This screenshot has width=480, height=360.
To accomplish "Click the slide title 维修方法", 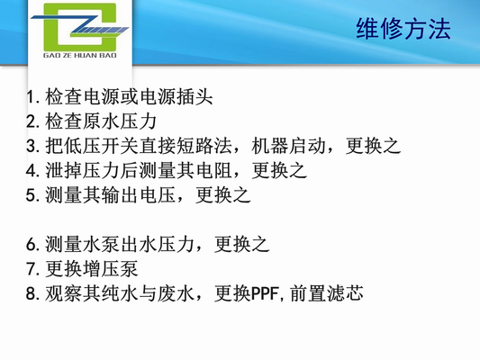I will click(403, 30).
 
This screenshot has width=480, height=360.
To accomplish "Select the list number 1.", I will click(32, 95).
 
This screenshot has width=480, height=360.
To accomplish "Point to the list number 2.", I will click(32, 120).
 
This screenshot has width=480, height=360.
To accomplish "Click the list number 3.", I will click(32, 145).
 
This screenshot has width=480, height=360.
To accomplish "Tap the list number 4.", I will click(32, 169).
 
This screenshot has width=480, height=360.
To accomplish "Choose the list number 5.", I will click(32, 193).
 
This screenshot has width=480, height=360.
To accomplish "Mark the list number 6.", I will click(32, 244).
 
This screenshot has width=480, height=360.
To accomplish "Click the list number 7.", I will click(32, 268).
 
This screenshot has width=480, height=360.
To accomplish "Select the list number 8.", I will click(32, 293).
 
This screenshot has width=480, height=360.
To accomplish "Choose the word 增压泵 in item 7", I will click(113, 268).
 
